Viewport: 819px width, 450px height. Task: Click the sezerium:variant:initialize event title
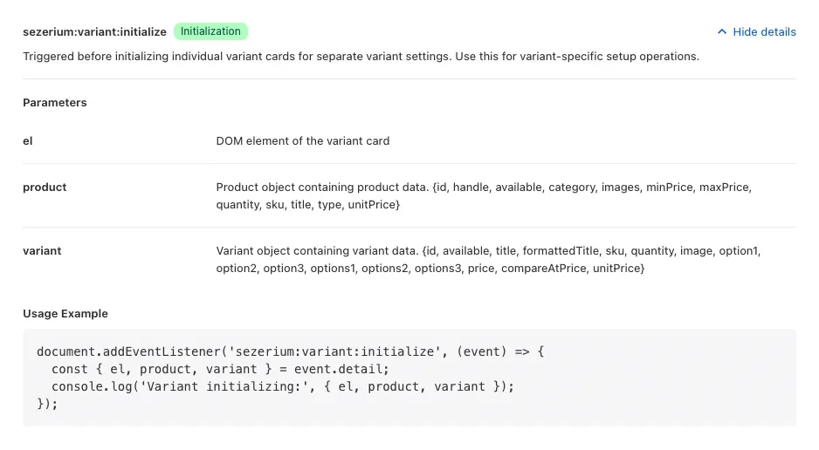(94, 31)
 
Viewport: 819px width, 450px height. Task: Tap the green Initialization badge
(210, 31)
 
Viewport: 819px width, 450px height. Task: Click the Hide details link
(764, 31)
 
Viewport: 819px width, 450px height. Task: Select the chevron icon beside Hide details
(722, 31)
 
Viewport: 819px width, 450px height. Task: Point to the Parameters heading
(55, 103)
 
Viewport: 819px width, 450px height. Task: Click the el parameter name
(28, 140)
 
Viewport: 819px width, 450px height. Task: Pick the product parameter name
(45, 187)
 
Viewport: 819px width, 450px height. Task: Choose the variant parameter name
(42, 251)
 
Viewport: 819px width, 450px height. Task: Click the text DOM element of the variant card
(303, 140)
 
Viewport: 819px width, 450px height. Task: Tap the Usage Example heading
(65, 313)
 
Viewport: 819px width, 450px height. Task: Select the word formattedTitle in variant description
(561, 251)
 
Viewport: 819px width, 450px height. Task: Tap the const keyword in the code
(70, 369)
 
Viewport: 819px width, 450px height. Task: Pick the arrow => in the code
(522, 351)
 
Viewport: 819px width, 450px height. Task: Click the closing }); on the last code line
(47, 404)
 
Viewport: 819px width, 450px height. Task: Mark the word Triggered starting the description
(48, 57)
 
